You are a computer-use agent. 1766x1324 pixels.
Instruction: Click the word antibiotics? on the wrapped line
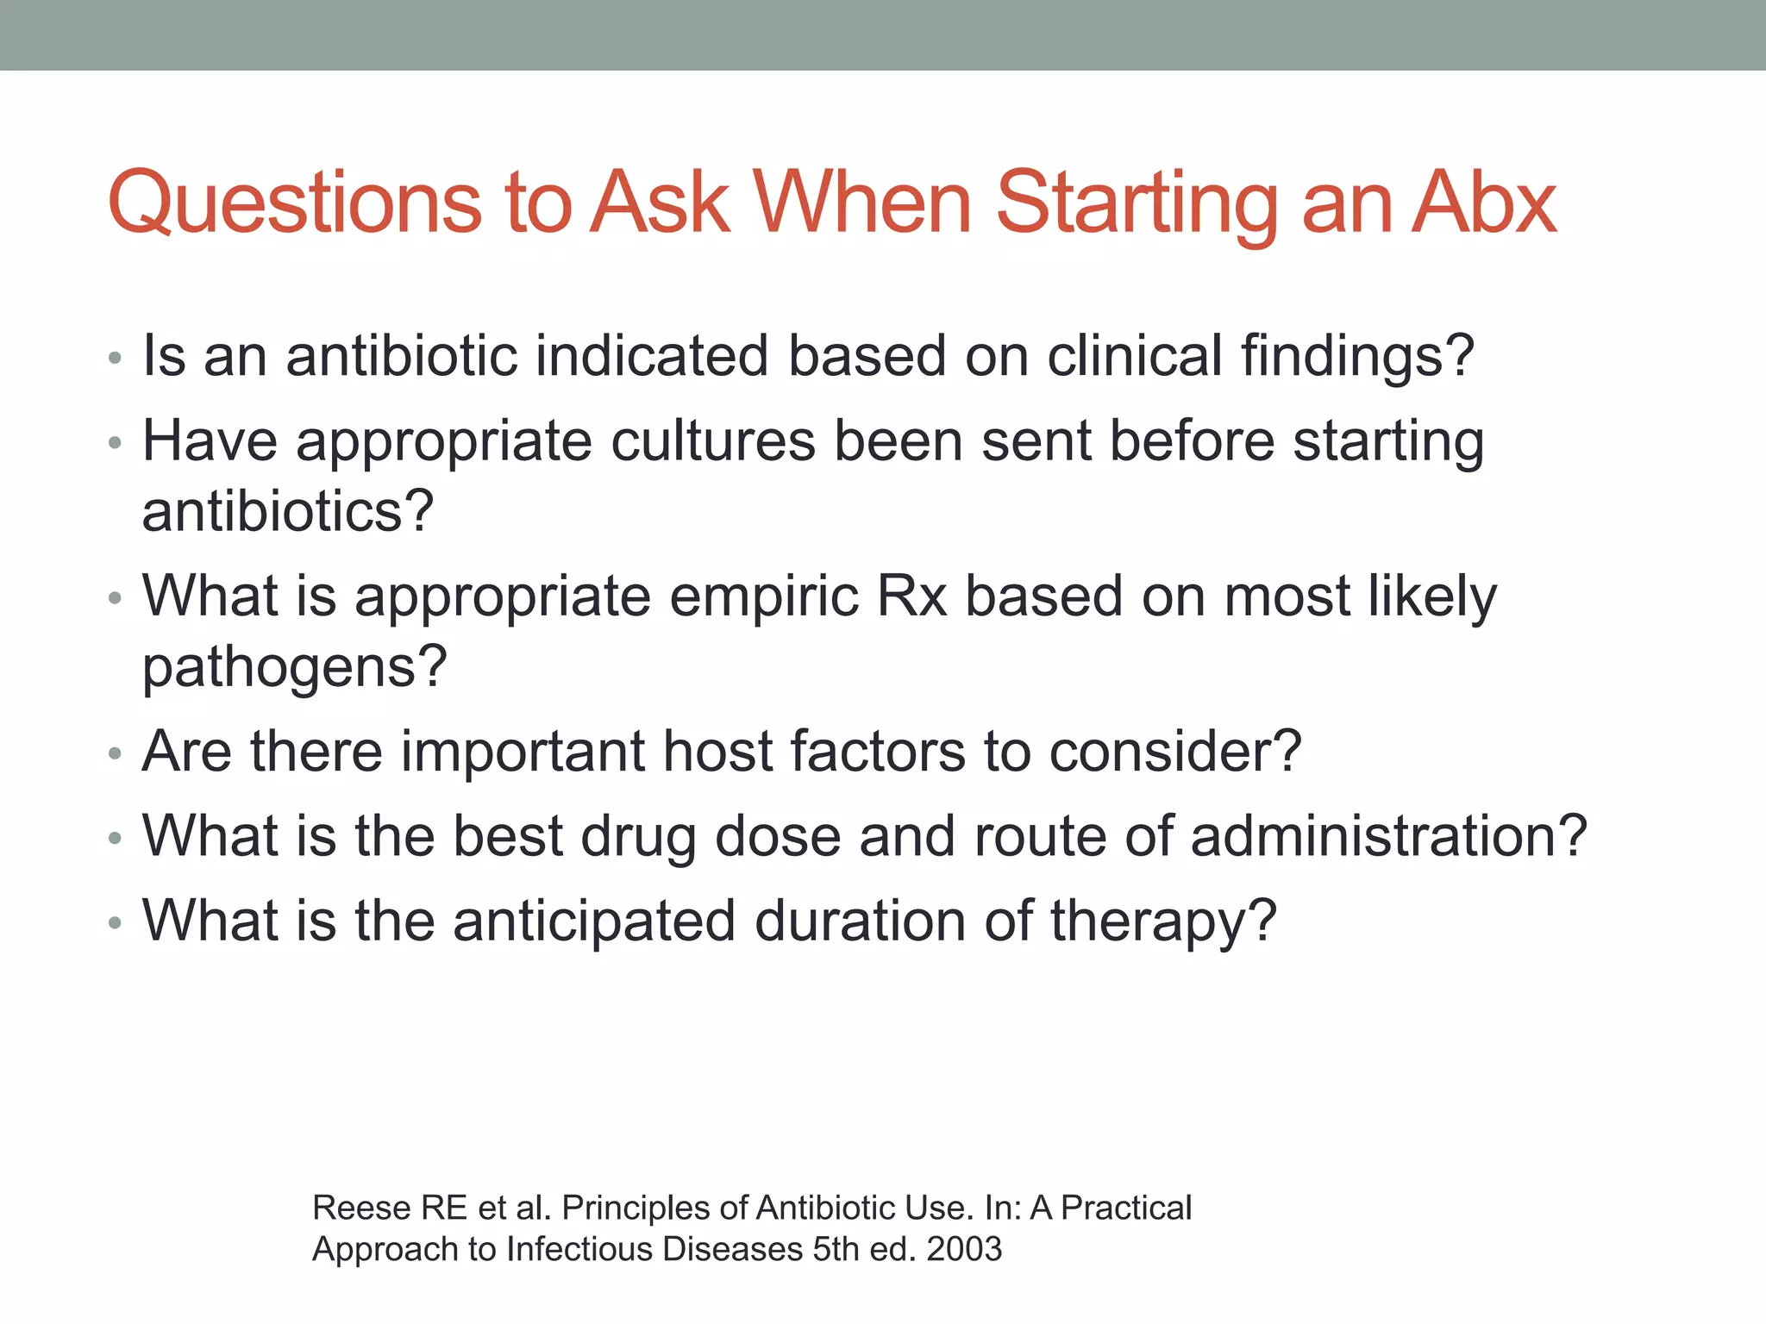tap(287, 511)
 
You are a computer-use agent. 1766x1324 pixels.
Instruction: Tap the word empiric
tap(764, 597)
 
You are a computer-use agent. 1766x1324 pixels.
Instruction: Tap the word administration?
tap(1388, 836)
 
